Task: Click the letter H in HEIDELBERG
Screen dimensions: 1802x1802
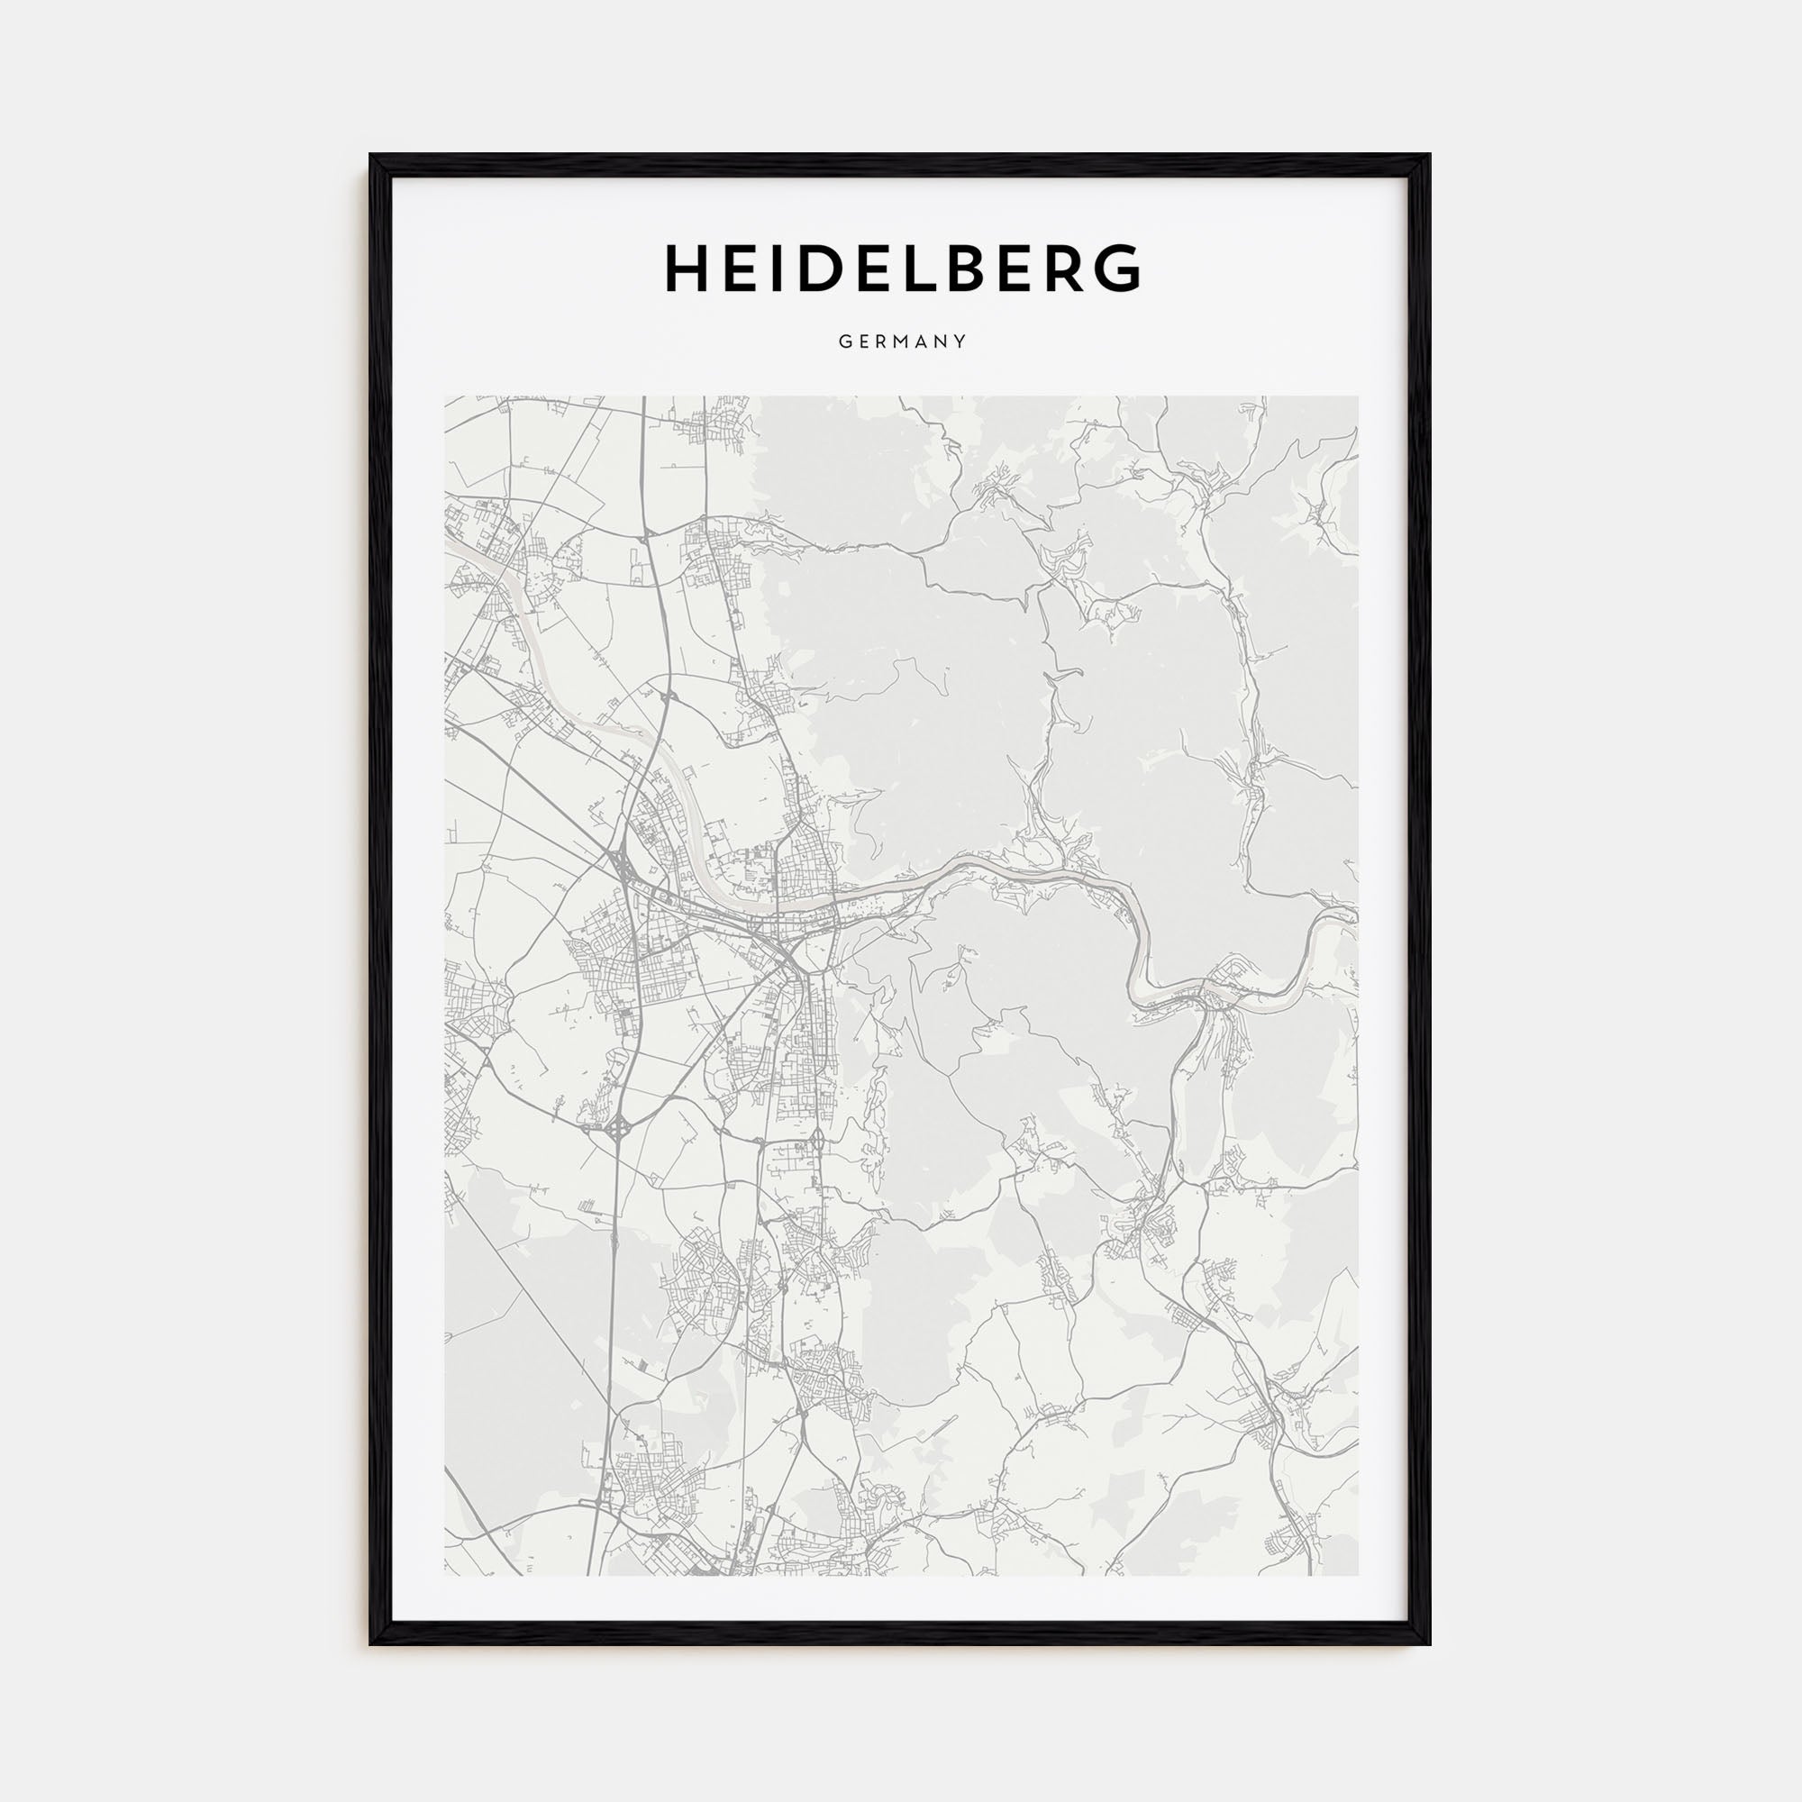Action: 689,268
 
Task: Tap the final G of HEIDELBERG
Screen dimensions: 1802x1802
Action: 1116,268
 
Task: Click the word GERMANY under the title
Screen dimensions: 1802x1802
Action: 901,341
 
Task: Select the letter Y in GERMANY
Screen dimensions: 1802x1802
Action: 960,341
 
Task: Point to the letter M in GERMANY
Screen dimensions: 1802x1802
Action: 903,341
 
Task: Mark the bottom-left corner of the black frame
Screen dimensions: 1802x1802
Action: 370,1643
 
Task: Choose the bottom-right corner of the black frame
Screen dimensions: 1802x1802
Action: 1429,1643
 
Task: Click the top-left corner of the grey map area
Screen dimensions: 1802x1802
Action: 446,397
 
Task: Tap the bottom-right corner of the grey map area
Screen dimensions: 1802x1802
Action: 1357,1575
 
